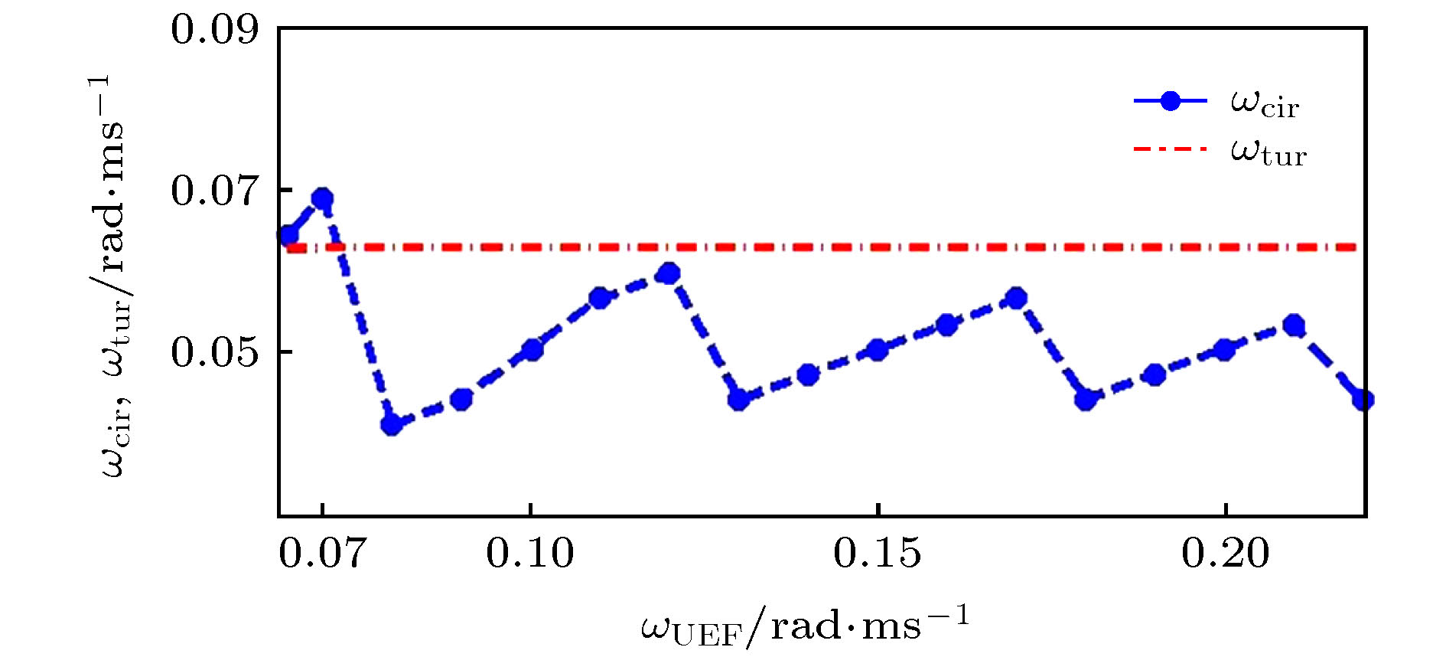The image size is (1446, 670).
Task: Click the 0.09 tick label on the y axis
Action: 215,31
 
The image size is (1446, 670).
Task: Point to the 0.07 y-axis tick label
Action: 215,191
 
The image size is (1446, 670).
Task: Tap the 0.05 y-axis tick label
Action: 215,352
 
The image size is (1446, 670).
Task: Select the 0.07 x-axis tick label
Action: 322,553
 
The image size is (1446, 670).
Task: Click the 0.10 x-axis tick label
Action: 530,553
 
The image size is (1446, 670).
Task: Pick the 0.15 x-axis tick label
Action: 878,553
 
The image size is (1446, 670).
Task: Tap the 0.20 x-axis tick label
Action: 1226,553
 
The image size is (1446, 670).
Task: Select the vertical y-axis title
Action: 115,276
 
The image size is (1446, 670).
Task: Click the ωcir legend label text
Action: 1265,103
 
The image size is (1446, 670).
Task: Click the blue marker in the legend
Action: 1170,101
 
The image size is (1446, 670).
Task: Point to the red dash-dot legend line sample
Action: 1170,149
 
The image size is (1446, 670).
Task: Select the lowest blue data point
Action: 392,423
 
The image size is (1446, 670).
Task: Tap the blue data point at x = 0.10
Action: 532,350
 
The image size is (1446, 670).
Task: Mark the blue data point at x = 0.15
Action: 878,350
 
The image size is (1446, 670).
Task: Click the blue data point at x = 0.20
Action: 1225,350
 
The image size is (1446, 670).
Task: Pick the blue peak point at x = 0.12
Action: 669,273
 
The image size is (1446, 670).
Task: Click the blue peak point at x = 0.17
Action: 1016,298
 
